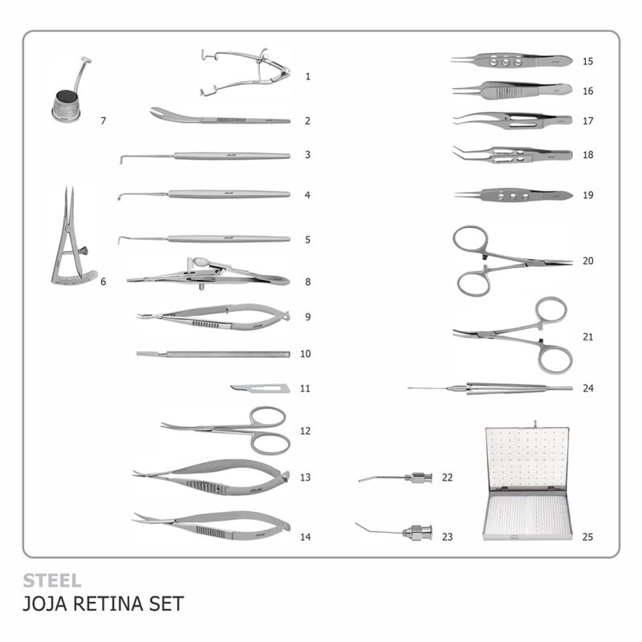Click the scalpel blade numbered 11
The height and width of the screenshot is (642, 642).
[260, 388]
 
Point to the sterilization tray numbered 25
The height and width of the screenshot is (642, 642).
[526, 483]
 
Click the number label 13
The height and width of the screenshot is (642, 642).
[305, 477]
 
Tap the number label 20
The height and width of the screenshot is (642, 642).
[588, 261]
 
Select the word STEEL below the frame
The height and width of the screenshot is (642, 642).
[52, 580]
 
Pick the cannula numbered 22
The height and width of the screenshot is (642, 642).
[395, 477]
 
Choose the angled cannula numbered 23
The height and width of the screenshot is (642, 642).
[393, 530]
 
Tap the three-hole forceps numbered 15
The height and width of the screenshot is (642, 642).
[511, 61]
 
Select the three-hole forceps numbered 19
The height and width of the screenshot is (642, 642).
[514, 196]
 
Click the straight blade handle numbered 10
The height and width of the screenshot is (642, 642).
[213, 354]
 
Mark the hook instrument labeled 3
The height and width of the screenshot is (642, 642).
[205, 156]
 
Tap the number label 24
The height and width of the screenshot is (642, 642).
[588, 388]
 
